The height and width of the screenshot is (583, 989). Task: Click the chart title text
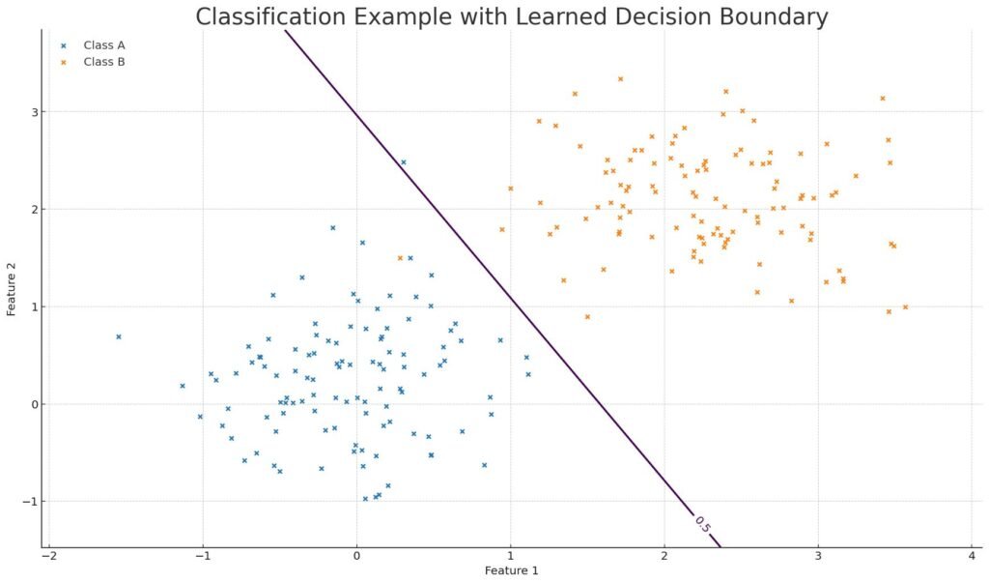(x=511, y=16)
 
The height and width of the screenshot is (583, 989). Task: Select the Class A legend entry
(x=104, y=45)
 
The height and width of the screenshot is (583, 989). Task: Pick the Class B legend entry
(x=104, y=62)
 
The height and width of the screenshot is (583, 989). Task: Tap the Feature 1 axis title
(x=511, y=570)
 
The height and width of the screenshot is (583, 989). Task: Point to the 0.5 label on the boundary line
(x=702, y=525)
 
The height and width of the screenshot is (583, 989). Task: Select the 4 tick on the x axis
(x=971, y=556)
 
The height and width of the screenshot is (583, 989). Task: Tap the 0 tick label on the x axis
(x=356, y=556)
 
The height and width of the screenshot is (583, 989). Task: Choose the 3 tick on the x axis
(x=817, y=556)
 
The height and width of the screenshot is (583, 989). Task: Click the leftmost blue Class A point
(x=119, y=336)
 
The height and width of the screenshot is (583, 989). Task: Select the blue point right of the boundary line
(x=404, y=162)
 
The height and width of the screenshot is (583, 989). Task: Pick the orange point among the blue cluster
(x=400, y=258)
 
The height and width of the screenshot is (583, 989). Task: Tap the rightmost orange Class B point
(x=905, y=307)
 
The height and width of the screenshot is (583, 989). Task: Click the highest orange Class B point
(x=620, y=79)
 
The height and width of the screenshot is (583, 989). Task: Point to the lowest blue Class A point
(x=365, y=499)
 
